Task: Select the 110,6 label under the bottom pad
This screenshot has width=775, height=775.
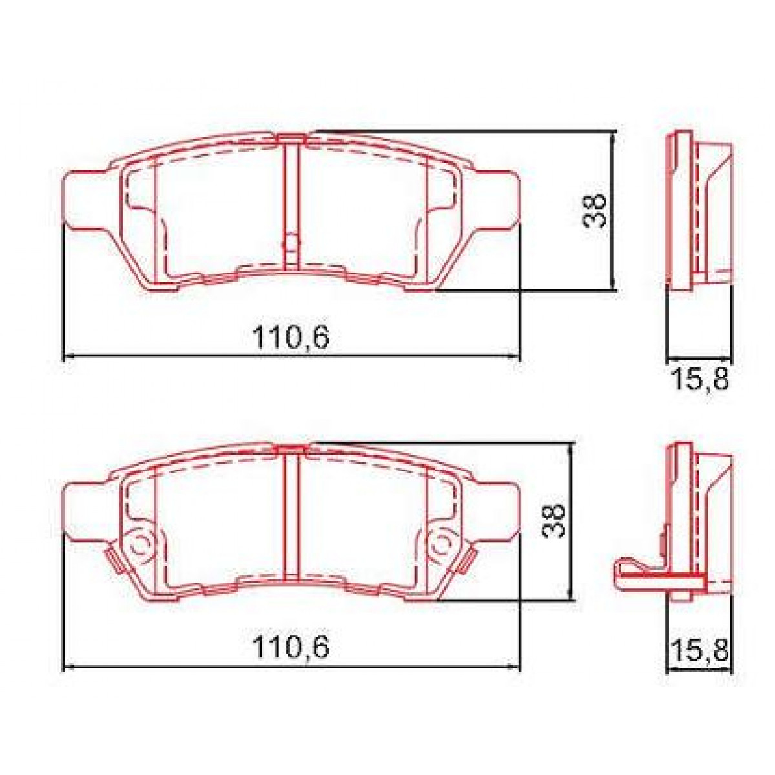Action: click(x=291, y=647)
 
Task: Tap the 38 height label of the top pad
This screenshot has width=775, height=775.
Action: click(x=595, y=210)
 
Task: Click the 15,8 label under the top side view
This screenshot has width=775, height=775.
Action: click(x=701, y=380)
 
